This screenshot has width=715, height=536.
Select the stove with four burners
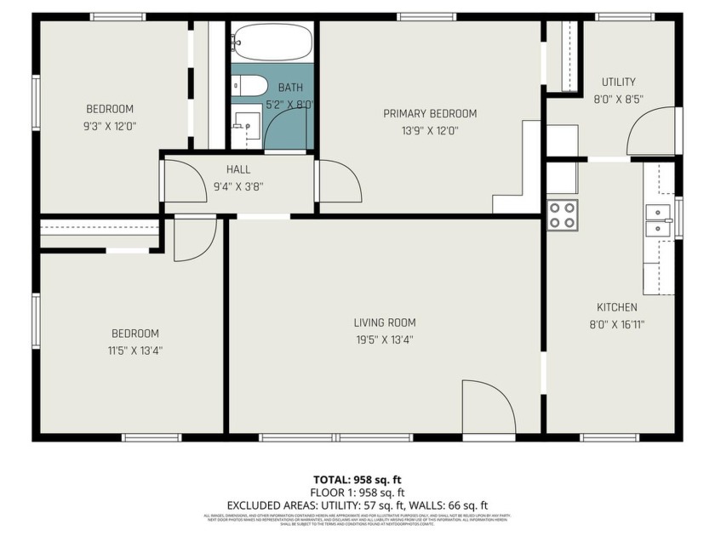click(562, 214)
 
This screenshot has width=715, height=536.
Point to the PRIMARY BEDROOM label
click(429, 113)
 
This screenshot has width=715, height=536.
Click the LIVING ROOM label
click(385, 322)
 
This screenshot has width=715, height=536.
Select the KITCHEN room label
click(617, 307)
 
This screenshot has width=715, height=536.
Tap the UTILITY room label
click(618, 82)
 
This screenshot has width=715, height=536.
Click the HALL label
click(238, 169)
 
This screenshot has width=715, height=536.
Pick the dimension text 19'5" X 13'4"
click(385, 339)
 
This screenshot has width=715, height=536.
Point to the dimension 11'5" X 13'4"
click(134, 350)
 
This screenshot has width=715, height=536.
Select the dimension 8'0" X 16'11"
click(617, 323)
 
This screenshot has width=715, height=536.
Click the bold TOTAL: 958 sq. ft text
click(357, 479)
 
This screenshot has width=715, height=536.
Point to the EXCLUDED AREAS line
click(357, 505)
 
